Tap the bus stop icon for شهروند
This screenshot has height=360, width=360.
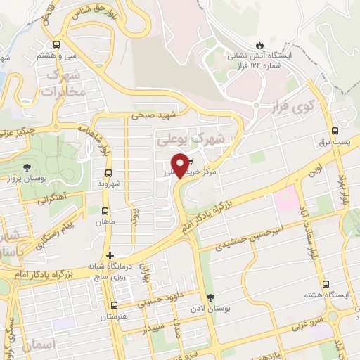coord(108,172)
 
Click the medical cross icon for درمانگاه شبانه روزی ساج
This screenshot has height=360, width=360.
coord(109,255)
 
